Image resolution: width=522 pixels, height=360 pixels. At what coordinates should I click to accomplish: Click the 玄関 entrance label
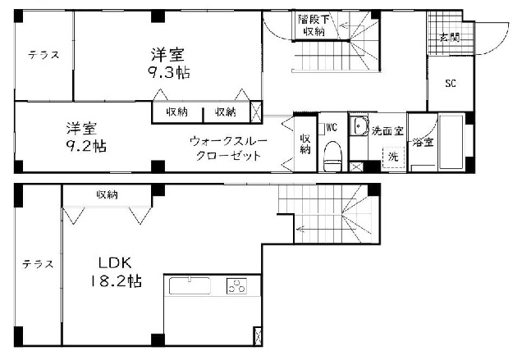[449, 38]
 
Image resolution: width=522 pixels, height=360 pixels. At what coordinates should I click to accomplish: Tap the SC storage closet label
[451, 83]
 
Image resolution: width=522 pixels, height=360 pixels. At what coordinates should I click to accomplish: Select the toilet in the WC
[333, 156]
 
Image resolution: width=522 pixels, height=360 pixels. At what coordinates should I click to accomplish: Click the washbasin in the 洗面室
[359, 125]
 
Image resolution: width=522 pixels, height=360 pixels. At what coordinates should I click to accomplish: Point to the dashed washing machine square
[393, 157]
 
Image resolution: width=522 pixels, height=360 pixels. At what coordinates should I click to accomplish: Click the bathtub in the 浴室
[451, 142]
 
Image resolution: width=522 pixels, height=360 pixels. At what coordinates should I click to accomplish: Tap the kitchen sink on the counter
[190, 286]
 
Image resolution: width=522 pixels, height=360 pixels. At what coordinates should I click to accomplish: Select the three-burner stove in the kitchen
[237, 286]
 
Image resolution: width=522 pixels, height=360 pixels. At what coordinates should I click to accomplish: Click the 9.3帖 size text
[169, 72]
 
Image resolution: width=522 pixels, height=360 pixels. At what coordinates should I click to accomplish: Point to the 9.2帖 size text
[86, 146]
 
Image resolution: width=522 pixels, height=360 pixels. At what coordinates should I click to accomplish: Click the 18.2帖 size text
[115, 281]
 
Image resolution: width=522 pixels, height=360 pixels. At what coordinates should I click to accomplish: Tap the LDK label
[115, 263]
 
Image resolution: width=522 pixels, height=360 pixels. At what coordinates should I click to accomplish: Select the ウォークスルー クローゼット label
[228, 148]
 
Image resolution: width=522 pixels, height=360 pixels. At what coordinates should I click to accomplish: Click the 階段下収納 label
[314, 25]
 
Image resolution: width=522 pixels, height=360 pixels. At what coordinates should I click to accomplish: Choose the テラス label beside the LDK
[38, 264]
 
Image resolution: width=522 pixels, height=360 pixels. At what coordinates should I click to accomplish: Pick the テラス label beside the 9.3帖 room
[43, 55]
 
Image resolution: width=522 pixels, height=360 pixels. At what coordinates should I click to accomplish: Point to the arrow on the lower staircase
[304, 229]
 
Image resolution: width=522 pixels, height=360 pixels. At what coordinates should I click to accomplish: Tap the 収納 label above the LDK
[108, 194]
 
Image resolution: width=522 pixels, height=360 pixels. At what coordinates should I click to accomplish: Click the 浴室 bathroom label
[424, 143]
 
